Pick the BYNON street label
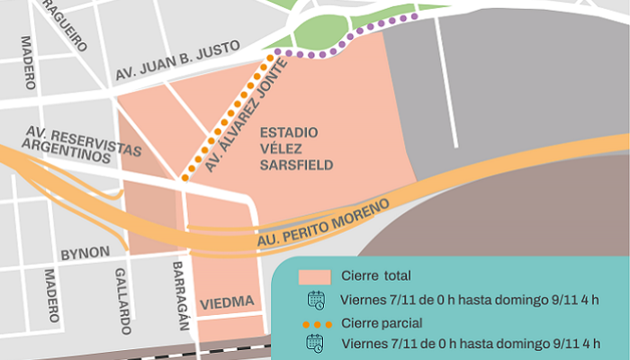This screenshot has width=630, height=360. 85,253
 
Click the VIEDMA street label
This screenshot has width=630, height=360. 226,301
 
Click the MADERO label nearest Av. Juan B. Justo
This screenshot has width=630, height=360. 28,62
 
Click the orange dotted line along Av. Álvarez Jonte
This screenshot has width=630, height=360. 225,118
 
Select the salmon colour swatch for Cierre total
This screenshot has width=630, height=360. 315,275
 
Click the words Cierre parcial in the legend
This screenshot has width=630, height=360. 382,322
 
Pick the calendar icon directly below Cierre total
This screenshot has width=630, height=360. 316,300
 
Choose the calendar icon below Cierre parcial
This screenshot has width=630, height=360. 316,343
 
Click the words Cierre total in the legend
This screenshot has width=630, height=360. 376,275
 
